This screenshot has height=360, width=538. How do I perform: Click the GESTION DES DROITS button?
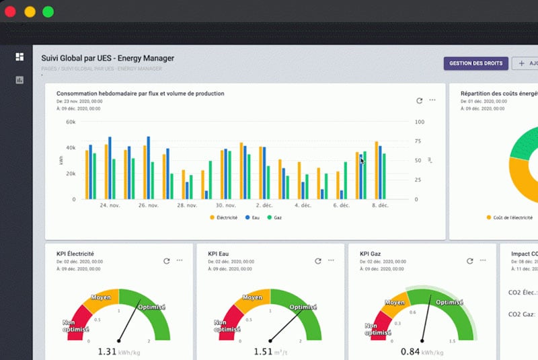coord(475,63)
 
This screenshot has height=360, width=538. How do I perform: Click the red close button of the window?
coord(11,11)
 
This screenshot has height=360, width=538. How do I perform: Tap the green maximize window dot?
coord(48,11)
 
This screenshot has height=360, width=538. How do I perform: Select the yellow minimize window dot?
coord(30,11)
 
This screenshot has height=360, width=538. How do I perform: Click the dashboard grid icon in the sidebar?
coord(20,57)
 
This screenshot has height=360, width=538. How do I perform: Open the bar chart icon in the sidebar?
coord(20,80)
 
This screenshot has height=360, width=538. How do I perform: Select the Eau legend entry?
coord(253,218)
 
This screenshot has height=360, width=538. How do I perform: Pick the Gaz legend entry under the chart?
coord(275,218)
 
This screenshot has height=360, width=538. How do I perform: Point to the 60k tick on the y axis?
coord(71,122)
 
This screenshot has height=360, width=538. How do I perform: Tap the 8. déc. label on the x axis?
coord(380,205)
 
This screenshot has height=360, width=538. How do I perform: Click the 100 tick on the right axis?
coord(419,122)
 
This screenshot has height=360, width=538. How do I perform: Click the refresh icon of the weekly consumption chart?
coord(420,100)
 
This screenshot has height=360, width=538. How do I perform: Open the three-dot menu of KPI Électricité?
coord(180,260)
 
